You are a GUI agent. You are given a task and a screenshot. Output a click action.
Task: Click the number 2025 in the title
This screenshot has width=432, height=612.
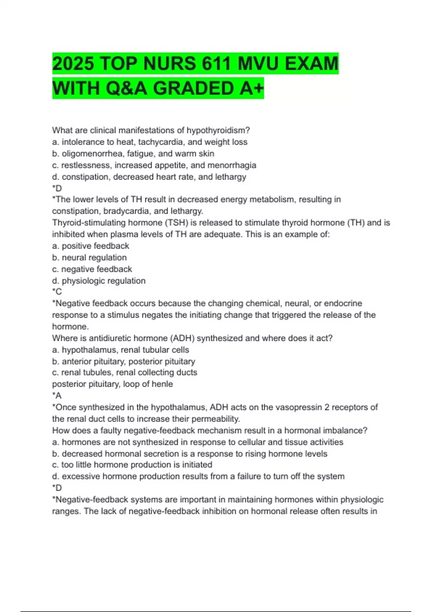(73, 64)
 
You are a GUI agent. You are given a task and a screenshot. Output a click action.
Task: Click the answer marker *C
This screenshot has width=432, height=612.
(57, 292)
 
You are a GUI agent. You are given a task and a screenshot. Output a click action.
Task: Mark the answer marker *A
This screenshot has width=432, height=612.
(57, 396)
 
